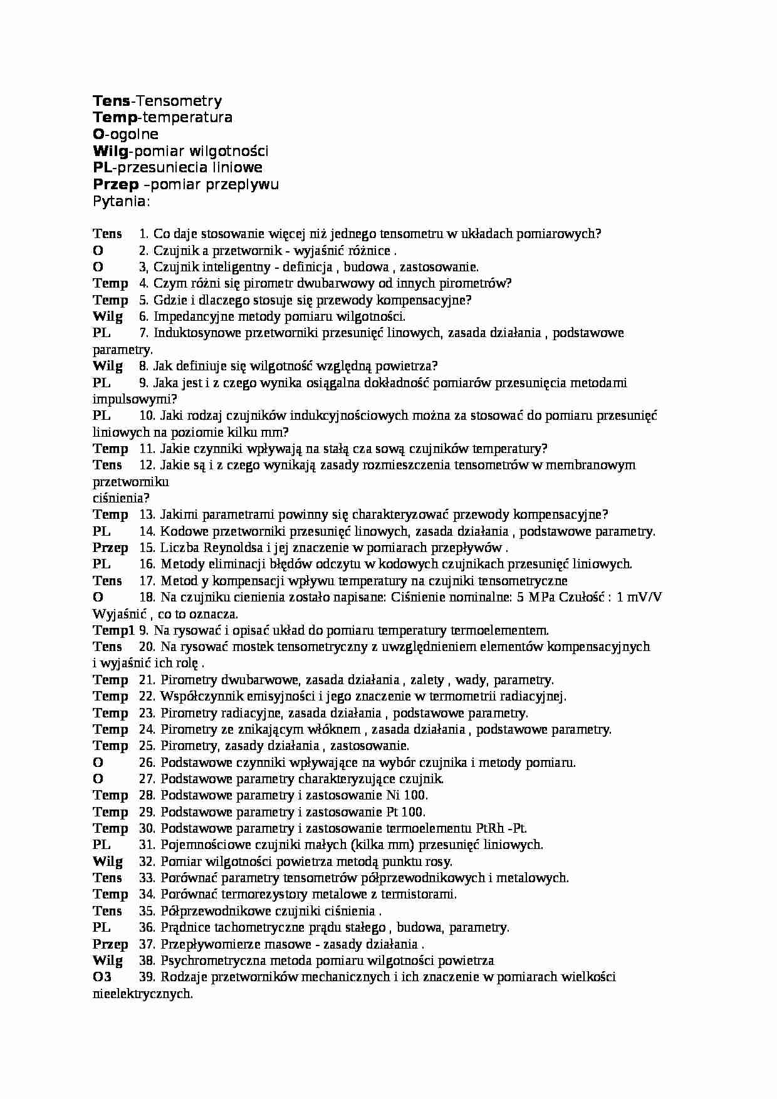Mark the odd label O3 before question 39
click(102, 977)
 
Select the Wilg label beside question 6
click(108, 316)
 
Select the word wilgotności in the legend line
click(232, 151)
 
